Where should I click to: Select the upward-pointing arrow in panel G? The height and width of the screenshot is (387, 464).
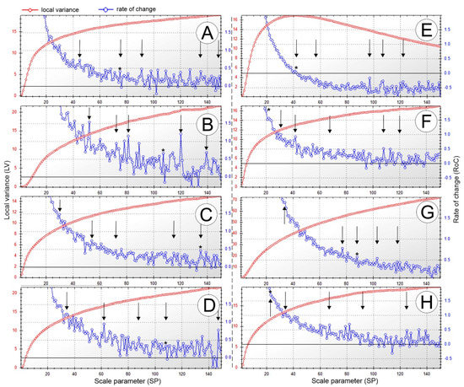285,214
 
